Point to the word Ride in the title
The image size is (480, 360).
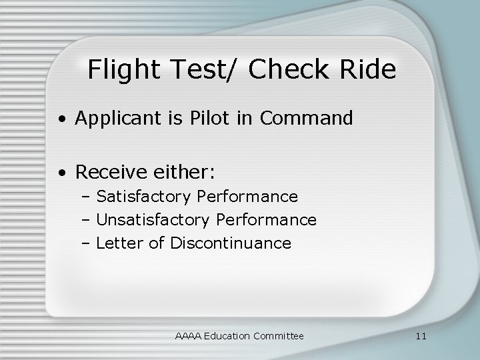(x=369, y=69)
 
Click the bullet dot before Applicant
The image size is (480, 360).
(x=61, y=120)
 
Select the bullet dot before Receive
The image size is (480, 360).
(x=61, y=174)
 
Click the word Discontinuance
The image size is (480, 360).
(x=231, y=243)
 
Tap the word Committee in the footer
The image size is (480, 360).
(x=278, y=336)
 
